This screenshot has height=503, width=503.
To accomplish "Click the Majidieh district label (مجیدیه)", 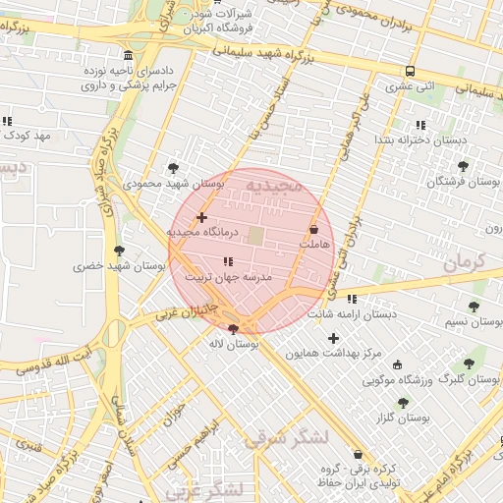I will pos(278,185).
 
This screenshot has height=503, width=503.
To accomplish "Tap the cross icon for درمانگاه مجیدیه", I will pos(201,217).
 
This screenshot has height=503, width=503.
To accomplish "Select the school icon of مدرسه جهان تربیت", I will pos(228,261).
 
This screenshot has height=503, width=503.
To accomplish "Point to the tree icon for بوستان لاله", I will pos(233,329).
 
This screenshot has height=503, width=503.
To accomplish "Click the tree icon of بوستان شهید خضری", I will pos(119,251).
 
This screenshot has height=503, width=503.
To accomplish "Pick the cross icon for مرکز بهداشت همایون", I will pos(333,338).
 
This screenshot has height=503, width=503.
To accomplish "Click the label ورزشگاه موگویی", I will pos(398,379).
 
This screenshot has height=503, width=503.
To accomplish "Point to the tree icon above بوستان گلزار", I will pos(403,402).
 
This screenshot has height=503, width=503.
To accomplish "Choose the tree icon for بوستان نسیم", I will pos(474,307).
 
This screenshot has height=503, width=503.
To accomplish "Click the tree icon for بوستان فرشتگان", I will pos(463,166).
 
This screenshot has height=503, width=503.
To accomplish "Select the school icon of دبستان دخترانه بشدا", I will pos(420,125).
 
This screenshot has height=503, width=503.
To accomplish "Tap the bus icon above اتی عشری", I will pos(410,71).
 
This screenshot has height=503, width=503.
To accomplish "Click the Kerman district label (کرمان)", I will pos(465,262).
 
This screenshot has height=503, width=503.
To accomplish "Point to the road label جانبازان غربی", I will pos(186,311).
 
